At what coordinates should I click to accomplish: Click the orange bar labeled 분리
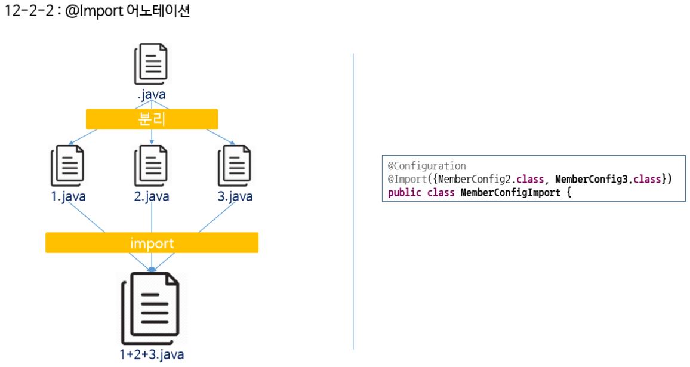point(152,119)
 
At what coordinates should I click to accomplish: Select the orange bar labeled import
point(152,243)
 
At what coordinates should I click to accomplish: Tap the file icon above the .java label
point(151,63)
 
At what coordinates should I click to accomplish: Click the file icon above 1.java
point(67,165)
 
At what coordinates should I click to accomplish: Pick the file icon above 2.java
point(151,165)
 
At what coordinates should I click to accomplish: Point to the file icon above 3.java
point(235,165)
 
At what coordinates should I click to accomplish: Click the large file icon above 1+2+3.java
point(151,309)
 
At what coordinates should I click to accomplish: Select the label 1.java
point(68,196)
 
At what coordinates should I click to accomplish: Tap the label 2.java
point(152,196)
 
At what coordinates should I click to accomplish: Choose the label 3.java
point(235,196)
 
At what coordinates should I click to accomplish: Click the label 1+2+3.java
point(151,354)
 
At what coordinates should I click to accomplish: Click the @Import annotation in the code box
point(408,179)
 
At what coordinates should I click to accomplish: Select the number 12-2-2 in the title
point(28,11)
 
